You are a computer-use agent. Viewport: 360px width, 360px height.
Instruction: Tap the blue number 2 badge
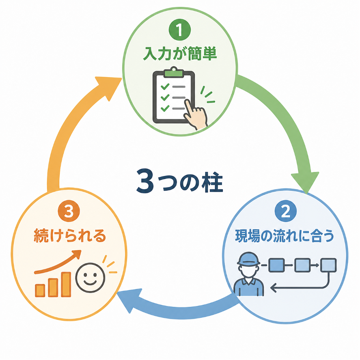pos(286,211)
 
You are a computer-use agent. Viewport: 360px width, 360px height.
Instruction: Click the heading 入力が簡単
pos(180,54)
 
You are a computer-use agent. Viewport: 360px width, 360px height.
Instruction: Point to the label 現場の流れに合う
pos(285,236)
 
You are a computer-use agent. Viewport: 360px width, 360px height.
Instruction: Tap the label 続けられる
pos(70,236)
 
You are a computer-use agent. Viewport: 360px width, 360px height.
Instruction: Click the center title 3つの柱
pos(179,181)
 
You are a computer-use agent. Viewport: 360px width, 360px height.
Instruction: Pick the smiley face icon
pos(91,278)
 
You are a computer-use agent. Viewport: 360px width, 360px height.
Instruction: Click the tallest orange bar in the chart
pos(66,284)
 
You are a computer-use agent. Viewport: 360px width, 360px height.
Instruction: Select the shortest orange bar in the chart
pos(40,290)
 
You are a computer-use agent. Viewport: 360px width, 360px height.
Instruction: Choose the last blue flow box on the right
pos(328,265)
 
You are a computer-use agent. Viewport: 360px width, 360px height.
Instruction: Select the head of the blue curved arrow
pos(129,300)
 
